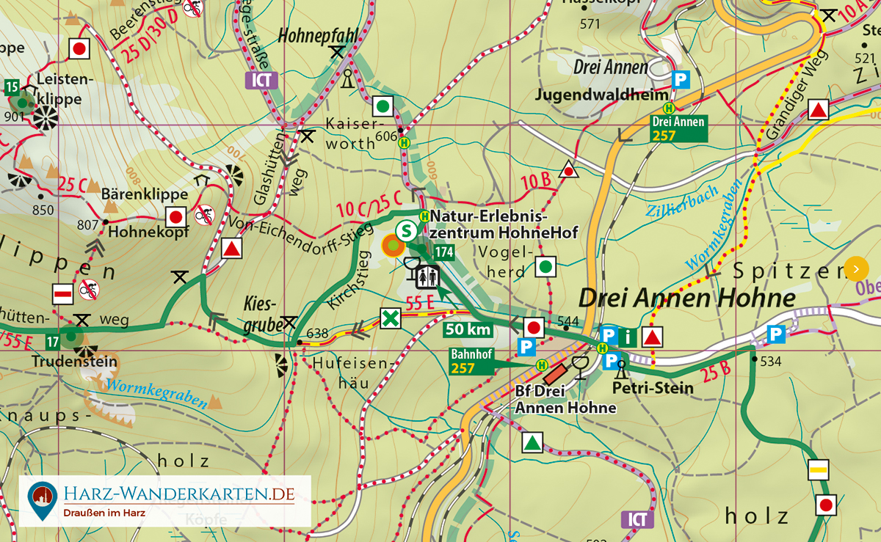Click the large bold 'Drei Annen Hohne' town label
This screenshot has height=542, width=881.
click(686, 298)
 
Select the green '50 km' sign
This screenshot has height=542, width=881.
click(468, 330)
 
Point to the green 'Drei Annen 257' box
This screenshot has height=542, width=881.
click(678, 128)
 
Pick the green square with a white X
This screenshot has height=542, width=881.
click(391, 319)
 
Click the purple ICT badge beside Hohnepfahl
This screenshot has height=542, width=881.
click(262, 81)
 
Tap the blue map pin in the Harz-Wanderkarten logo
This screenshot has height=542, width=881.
click(43, 499)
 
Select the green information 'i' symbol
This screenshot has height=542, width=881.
click(628, 337)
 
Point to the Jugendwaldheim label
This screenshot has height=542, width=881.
click(602, 95)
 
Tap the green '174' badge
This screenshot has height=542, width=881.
click(444, 252)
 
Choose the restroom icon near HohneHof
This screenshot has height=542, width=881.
click(427, 277)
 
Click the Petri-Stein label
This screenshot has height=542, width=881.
click(653, 387)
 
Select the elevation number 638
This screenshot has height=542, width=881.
click(317, 334)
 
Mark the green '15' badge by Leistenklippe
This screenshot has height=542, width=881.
click(11, 88)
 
